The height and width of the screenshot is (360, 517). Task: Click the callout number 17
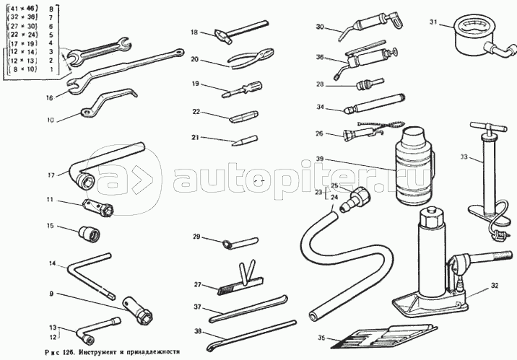point(51,175)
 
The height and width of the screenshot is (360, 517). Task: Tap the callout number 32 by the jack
point(495,286)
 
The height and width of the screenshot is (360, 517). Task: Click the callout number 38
point(196,331)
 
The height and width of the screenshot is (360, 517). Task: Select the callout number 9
point(51,293)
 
